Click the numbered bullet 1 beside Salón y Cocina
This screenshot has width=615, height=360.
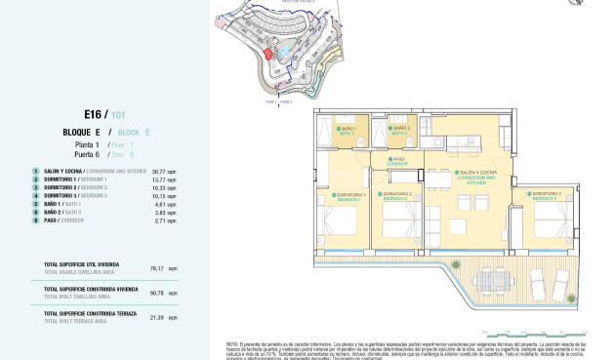[35, 171]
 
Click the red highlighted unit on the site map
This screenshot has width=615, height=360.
[265, 55]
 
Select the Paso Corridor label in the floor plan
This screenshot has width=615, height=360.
[397, 161]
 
